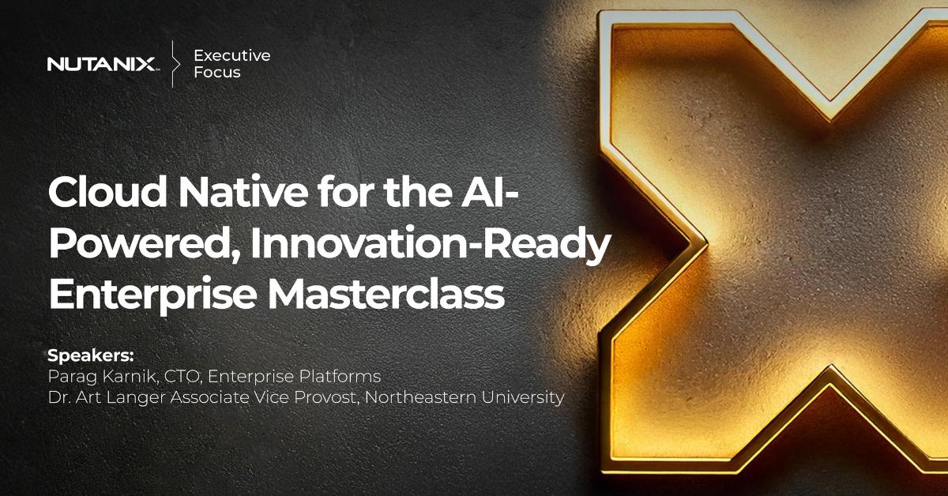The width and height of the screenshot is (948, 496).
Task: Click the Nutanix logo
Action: click(x=102, y=64)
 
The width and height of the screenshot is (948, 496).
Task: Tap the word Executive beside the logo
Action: click(x=231, y=55)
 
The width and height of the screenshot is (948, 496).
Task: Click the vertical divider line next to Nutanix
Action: click(x=173, y=63)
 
